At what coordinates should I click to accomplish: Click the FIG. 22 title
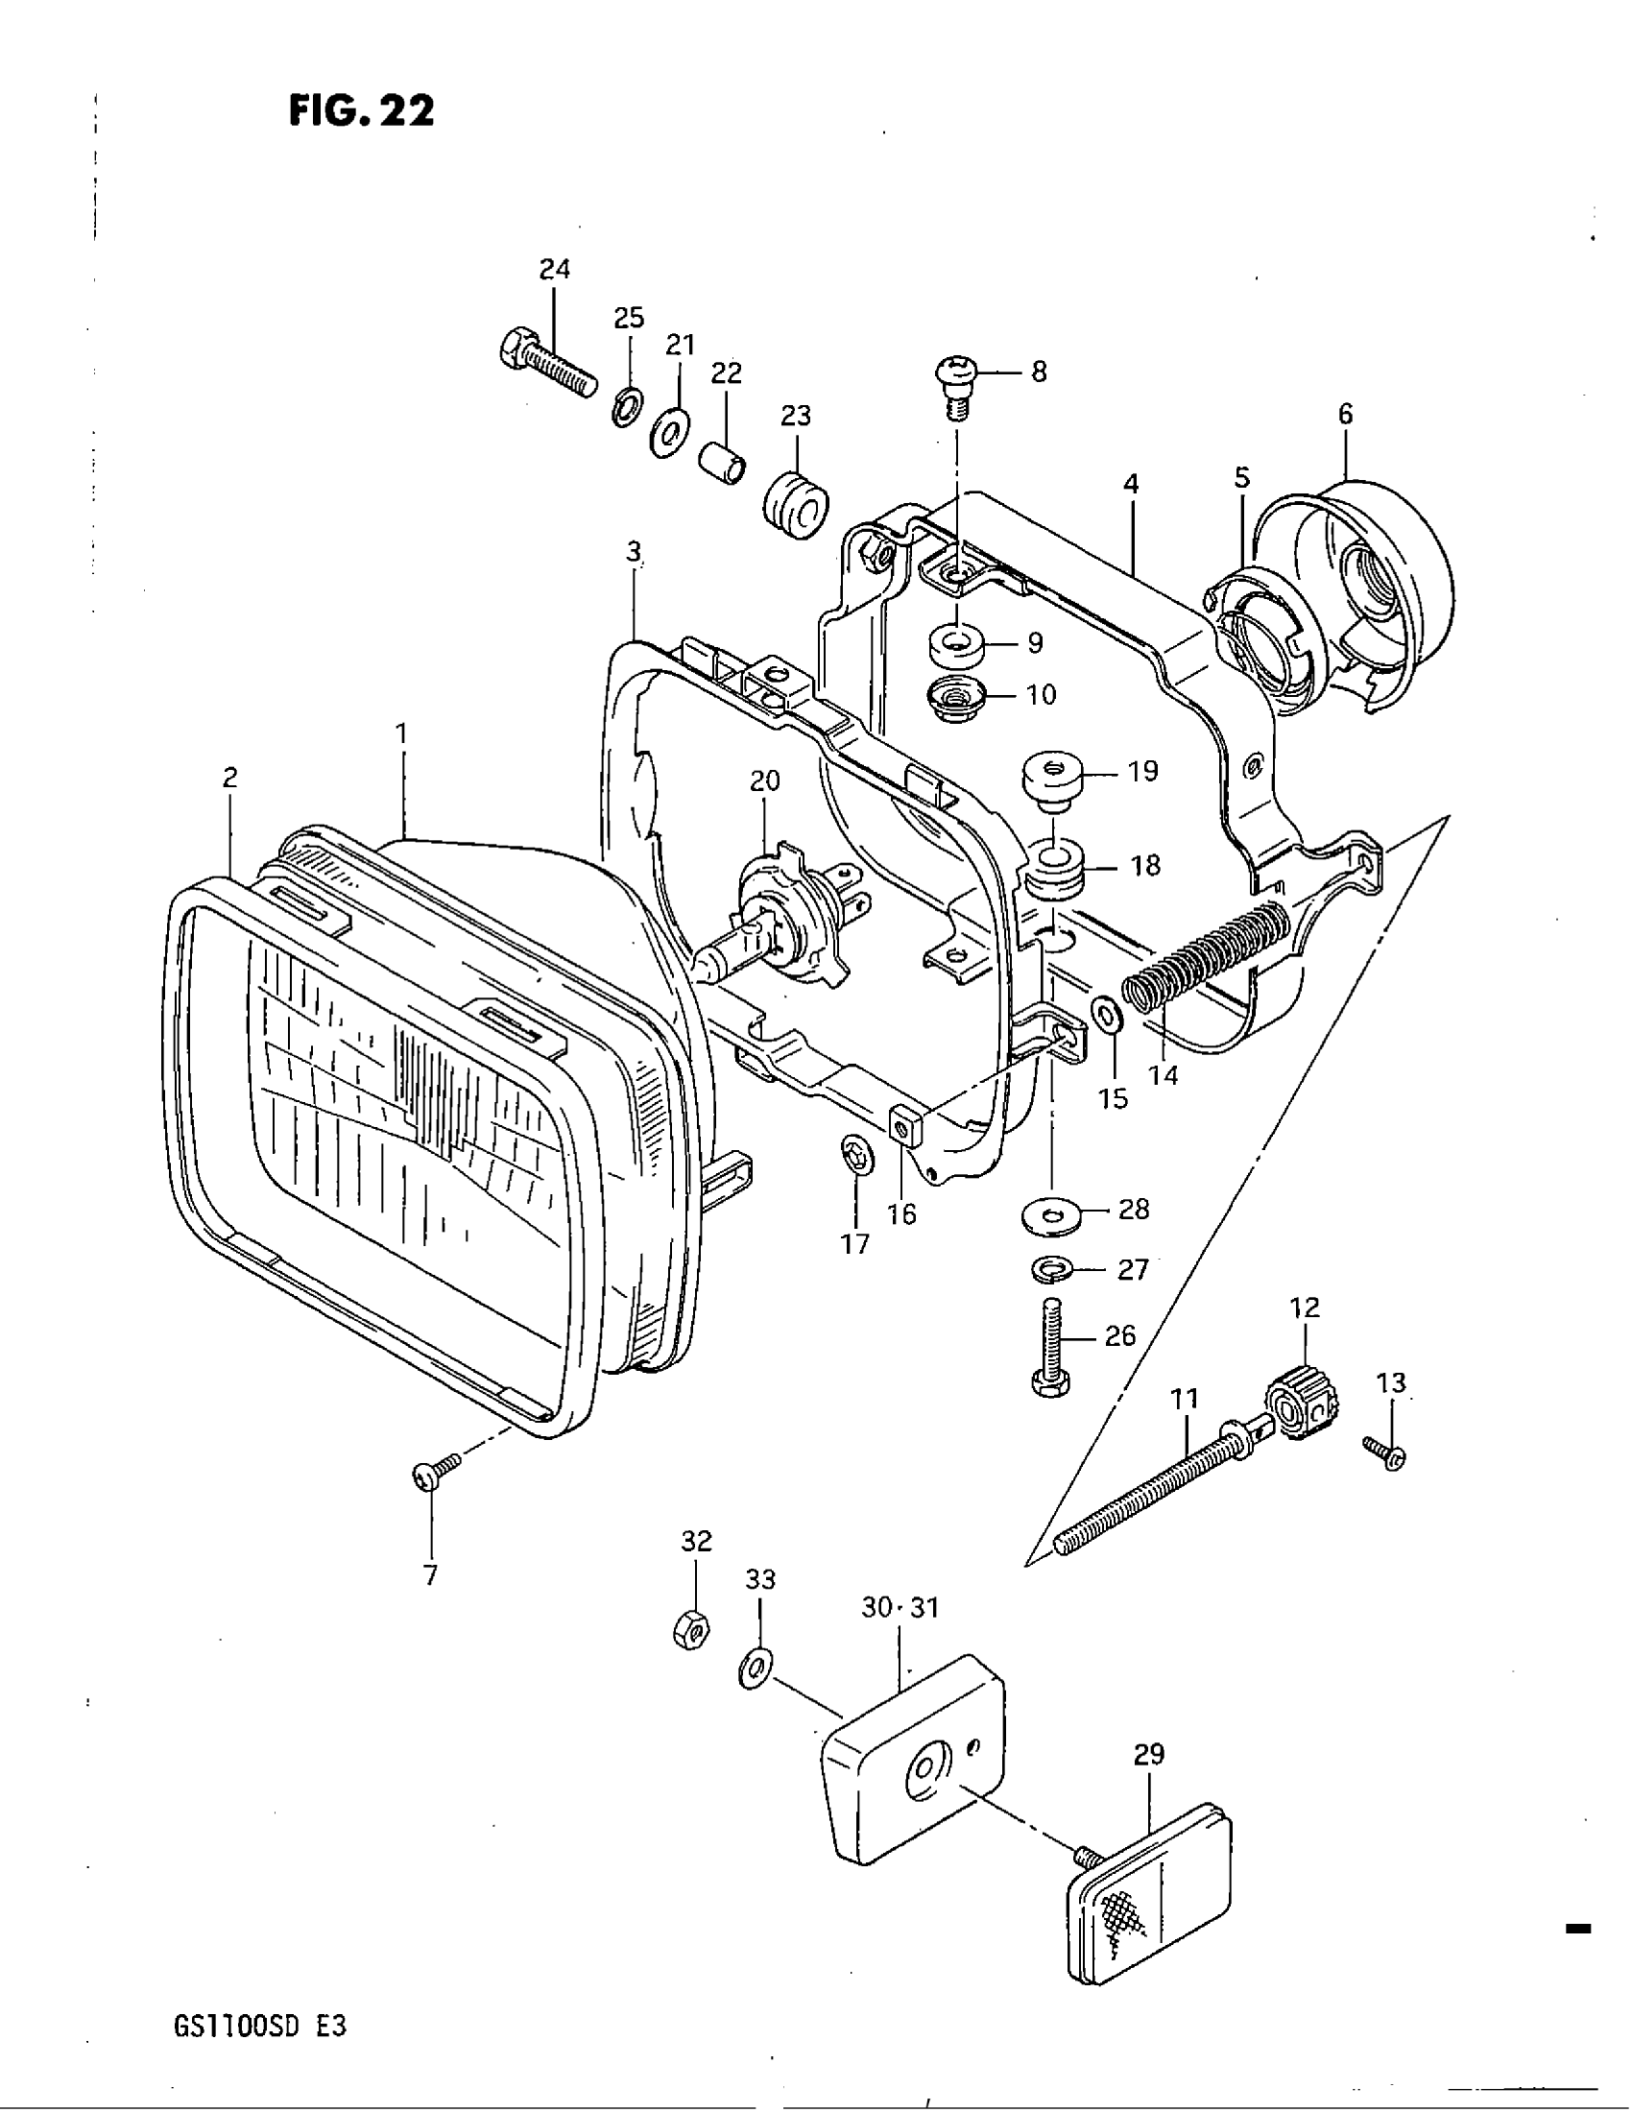[362, 111]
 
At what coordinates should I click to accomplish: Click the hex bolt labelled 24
[546, 367]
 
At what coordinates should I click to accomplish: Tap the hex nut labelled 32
[692, 1630]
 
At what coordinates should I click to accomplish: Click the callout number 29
[1149, 1754]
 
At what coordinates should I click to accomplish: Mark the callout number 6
[1345, 415]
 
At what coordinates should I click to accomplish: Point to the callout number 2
[230, 778]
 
